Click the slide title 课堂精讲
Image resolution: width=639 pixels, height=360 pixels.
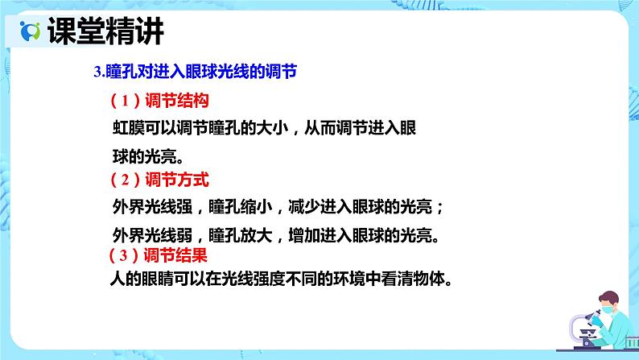click(x=105, y=32)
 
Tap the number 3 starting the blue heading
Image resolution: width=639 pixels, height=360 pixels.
click(x=97, y=72)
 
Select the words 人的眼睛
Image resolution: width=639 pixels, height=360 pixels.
click(x=142, y=281)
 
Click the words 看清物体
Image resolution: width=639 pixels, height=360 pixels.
click(x=411, y=281)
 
